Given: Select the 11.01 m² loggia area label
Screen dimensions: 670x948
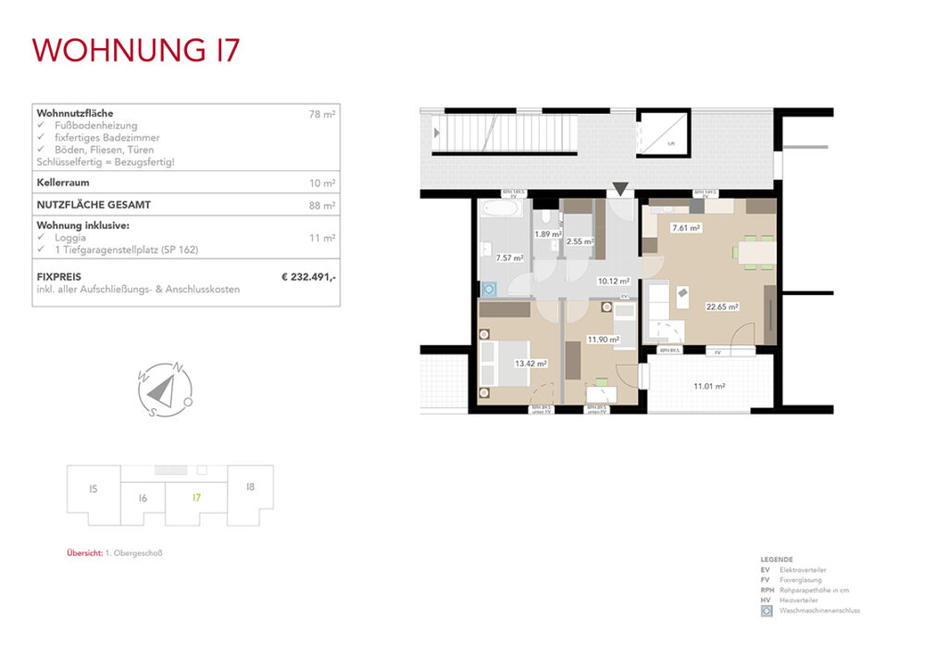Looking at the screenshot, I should coord(709,386).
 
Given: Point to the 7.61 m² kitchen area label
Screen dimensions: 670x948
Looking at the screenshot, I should coord(686,227).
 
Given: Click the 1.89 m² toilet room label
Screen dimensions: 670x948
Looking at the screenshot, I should coord(550,234).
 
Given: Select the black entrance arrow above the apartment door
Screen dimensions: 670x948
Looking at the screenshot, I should coord(620,190).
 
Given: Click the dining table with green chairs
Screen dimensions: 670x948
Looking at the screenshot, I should coord(754,250).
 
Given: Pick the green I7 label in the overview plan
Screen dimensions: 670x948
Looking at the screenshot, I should coord(196,497).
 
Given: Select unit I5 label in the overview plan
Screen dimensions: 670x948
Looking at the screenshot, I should coord(93,489).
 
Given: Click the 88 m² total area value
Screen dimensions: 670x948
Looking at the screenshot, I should coord(322,205).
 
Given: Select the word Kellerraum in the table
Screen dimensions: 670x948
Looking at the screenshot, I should coord(62,183).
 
